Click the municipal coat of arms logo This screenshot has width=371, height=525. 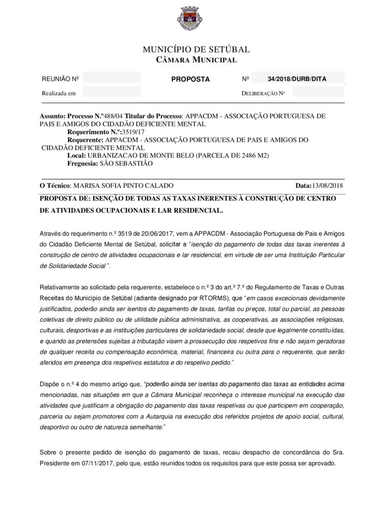click(186, 19)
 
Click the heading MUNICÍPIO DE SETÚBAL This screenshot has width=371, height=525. click(196, 50)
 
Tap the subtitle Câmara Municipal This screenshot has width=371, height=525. click(196, 60)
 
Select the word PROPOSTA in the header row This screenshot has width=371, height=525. click(190, 79)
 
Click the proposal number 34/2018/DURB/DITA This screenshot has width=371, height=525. click(297, 79)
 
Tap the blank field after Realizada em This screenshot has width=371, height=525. click(112, 93)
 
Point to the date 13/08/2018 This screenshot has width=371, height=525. click(328, 186)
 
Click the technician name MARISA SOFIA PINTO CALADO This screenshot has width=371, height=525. click(123, 186)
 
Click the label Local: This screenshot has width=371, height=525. click(76, 155)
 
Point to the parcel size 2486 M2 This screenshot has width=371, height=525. click(251, 155)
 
